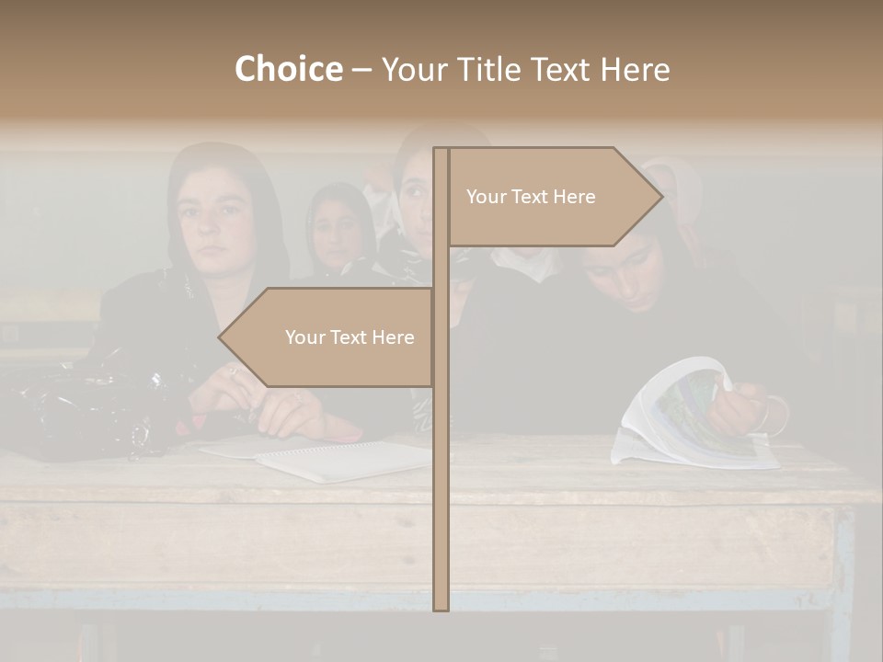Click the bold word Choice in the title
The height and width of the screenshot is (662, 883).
coord(288,69)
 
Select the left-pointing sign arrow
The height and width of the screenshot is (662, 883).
coord(327,337)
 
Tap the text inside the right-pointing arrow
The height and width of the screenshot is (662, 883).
coord(531,197)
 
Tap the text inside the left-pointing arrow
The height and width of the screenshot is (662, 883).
coord(350,337)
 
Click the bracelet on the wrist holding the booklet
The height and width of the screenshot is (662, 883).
coord(778,416)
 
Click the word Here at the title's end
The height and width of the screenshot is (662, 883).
coord(635,69)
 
